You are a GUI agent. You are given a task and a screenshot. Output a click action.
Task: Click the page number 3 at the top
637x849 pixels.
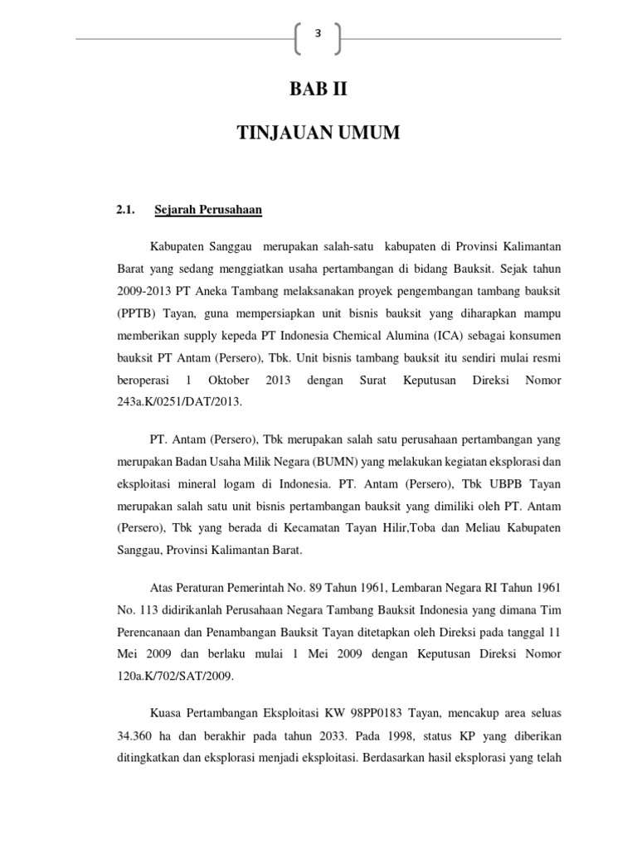(318, 33)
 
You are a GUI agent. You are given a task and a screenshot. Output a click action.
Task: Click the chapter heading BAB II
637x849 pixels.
(318, 89)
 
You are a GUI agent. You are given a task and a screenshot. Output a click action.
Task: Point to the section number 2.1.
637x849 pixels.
(125, 211)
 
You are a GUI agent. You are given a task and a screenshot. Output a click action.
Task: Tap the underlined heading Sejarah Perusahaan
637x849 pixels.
(208, 211)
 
